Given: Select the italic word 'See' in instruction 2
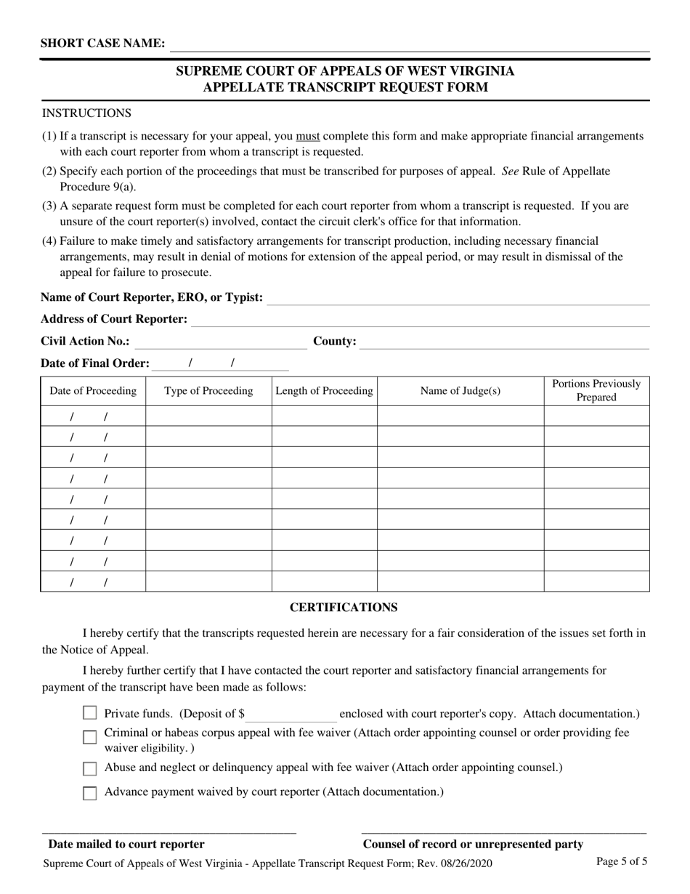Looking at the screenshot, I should point(510,171).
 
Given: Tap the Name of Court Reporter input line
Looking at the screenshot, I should point(458,297).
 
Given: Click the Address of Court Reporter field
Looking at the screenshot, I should point(420,319).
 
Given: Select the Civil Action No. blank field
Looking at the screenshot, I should point(221,342).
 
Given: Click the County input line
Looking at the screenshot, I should point(504,342).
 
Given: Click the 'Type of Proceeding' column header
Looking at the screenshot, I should point(208,391).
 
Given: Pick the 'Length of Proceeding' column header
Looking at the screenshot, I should point(324,391).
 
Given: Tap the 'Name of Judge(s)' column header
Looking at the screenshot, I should point(460,391).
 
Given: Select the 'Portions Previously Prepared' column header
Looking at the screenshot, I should point(596,390).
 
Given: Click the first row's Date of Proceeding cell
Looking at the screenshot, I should point(92,416).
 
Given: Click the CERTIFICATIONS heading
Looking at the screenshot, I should point(344,607).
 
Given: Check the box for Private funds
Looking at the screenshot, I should point(90,714).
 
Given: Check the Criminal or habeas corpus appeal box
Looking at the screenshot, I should point(90,738).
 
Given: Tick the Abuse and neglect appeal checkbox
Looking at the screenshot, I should point(90,768).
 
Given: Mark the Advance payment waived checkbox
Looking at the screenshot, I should point(90,793).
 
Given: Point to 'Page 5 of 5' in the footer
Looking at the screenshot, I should point(622,861).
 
